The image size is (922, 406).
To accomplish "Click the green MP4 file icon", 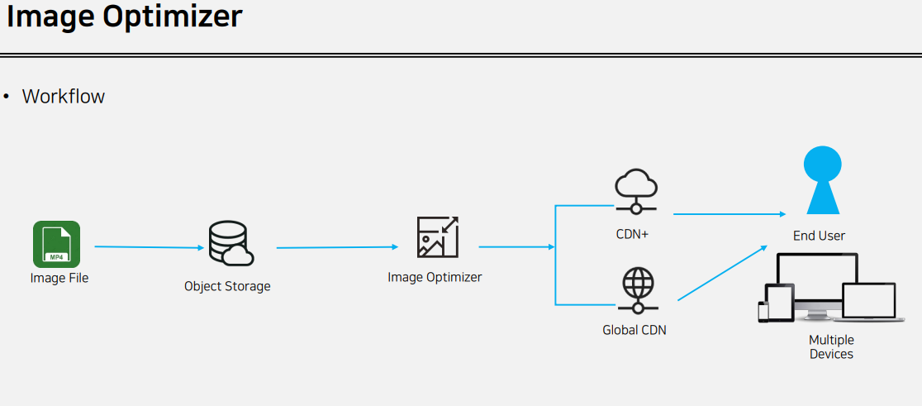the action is pyautogui.click(x=56, y=244).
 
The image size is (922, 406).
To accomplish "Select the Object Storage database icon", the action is pyautogui.click(x=231, y=243).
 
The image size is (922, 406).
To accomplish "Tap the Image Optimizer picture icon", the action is pyautogui.click(x=438, y=237).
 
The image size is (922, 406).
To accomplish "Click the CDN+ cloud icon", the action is pyautogui.click(x=636, y=190).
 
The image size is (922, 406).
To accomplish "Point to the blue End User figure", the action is pyautogui.click(x=823, y=179).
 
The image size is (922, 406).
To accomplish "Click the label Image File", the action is pyautogui.click(x=59, y=278).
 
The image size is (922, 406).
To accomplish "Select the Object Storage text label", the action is pyautogui.click(x=227, y=287).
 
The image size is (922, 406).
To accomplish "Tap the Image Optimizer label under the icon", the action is pyautogui.click(x=435, y=276).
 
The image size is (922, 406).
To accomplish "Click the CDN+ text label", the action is pyautogui.click(x=632, y=234).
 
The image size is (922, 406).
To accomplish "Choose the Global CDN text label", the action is pyautogui.click(x=634, y=330).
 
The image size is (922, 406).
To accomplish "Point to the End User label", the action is pyautogui.click(x=819, y=236).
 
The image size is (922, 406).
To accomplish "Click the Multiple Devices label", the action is pyautogui.click(x=831, y=347).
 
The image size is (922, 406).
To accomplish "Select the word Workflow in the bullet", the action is pyautogui.click(x=64, y=96).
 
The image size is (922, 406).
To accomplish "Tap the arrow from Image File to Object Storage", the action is pyautogui.click(x=150, y=247).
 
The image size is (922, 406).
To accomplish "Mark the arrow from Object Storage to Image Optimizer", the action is pyautogui.click(x=338, y=248).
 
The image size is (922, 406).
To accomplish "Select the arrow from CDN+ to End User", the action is pyautogui.click(x=730, y=214).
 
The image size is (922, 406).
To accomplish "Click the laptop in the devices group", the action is pyautogui.click(x=868, y=303).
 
